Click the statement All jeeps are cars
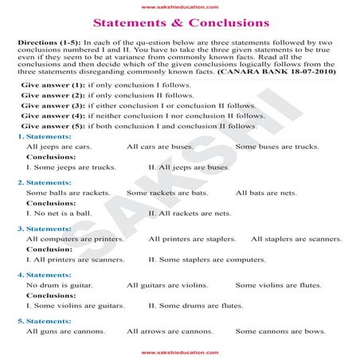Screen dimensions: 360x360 [58, 147]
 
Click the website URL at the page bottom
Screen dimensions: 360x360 [180, 350]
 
